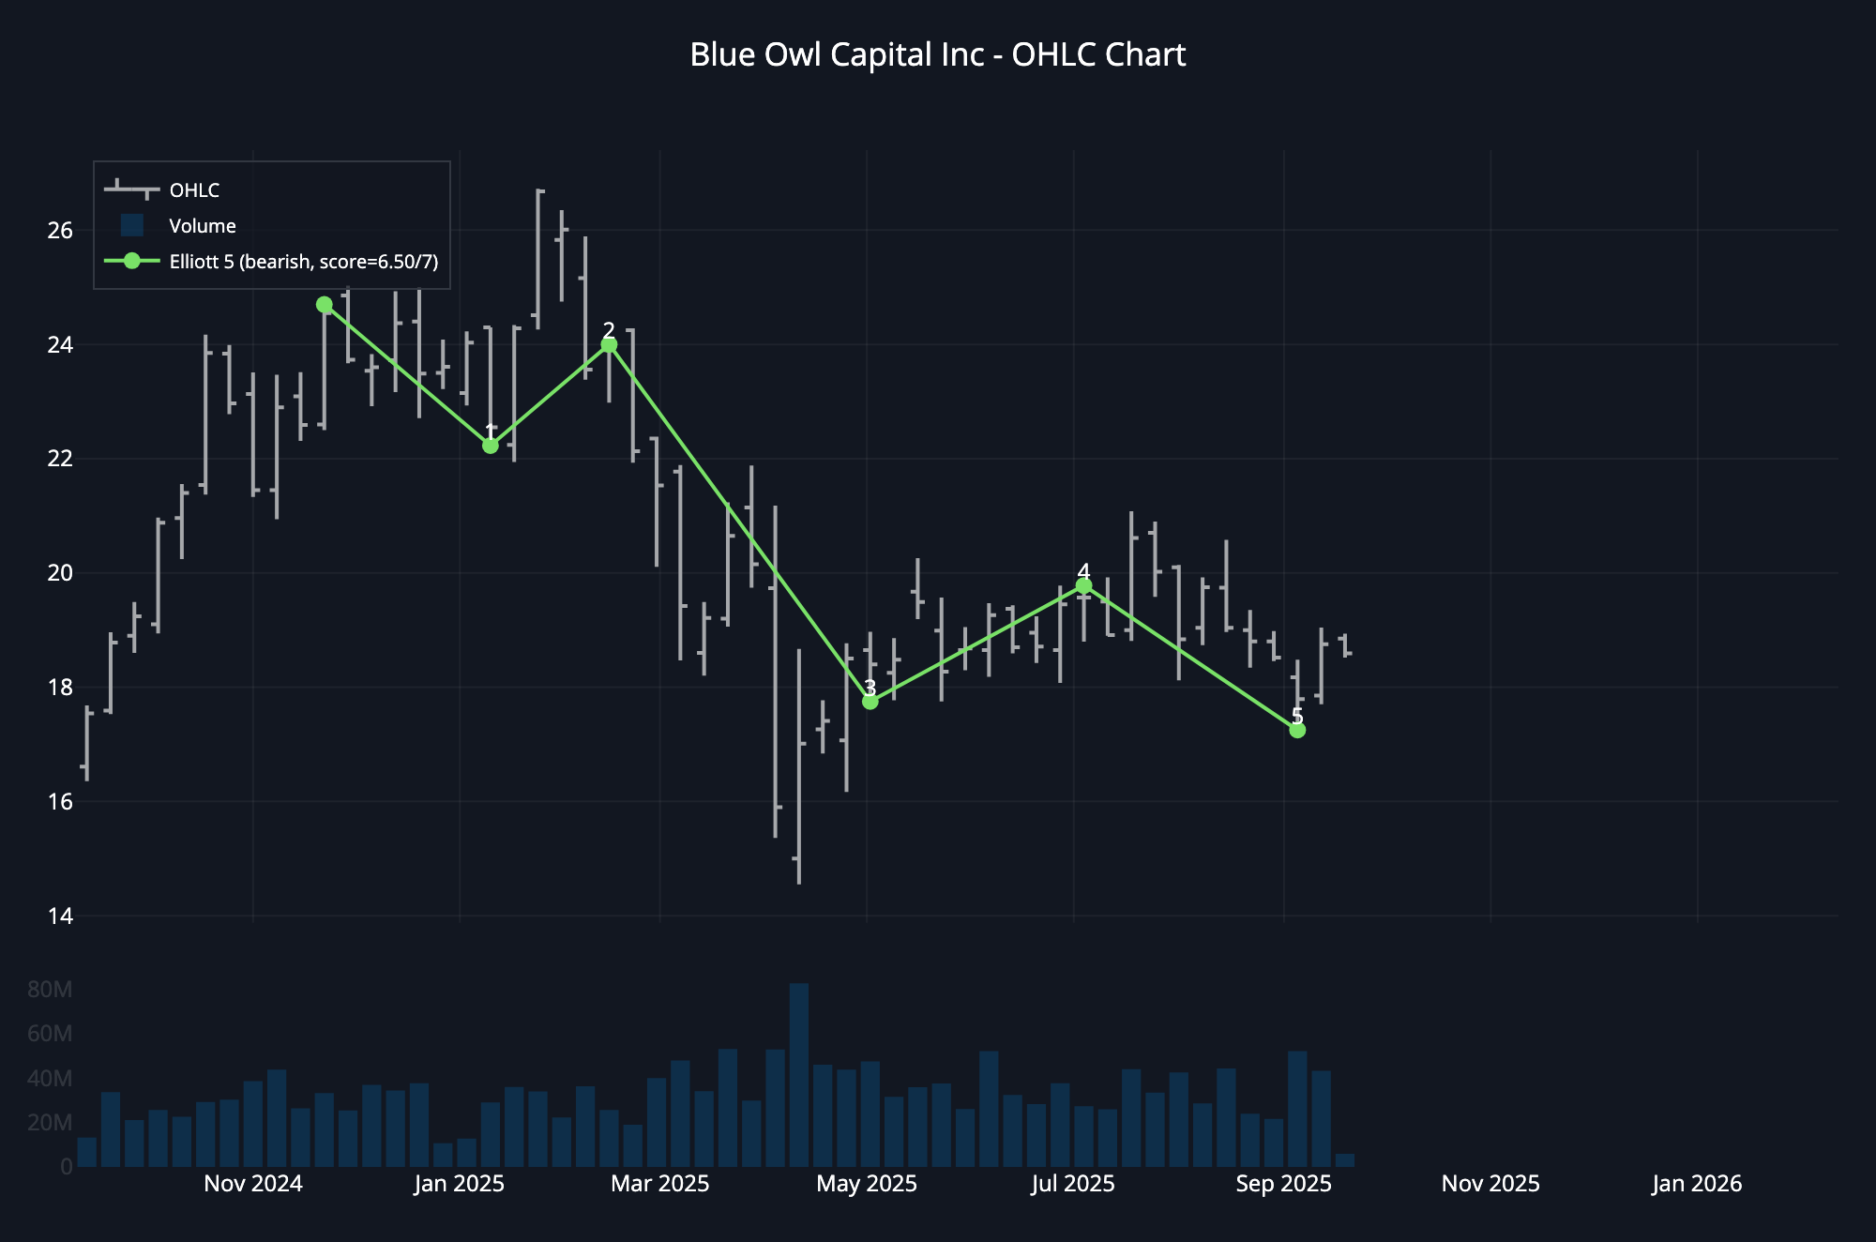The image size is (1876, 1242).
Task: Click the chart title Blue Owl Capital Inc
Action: click(x=937, y=55)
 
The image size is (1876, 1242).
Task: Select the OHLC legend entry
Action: click(x=194, y=190)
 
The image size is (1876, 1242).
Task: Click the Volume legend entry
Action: click(x=202, y=226)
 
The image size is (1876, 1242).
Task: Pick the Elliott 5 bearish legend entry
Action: click(x=303, y=262)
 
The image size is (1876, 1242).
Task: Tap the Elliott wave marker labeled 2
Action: click(x=609, y=345)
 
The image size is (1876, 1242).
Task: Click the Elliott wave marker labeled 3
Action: click(x=870, y=702)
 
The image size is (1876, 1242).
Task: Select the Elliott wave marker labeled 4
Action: click(x=1084, y=586)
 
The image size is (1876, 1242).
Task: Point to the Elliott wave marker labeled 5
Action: click(x=1297, y=730)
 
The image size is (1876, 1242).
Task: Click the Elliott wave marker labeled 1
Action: click(x=491, y=446)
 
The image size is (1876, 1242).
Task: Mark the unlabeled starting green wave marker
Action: click(x=325, y=305)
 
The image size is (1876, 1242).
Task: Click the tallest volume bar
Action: click(x=799, y=1074)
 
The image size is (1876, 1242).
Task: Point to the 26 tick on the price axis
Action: click(x=59, y=231)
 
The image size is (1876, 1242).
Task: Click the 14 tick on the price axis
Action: click(x=59, y=916)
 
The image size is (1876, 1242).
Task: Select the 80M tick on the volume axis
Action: click(x=50, y=990)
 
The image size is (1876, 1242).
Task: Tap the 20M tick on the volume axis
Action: click(x=50, y=1123)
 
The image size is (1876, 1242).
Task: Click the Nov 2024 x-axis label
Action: click(x=253, y=1184)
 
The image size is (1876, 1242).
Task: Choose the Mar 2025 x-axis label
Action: click(x=660, y=1184)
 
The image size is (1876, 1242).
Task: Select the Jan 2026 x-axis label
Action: click(x=1697, y=1184)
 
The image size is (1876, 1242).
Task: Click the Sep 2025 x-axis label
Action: click(x=1283, y=1184)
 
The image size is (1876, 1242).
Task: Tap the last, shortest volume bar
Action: click(x=1345, y=1160)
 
